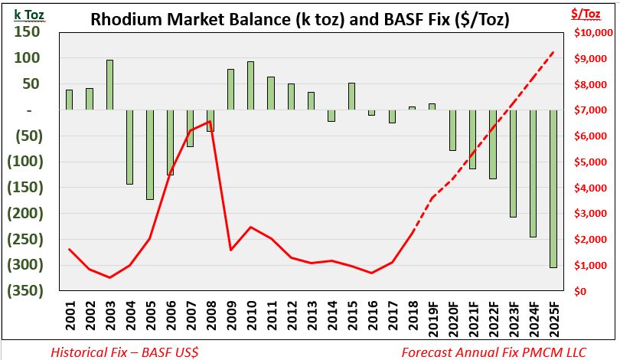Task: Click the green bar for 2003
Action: (109, 85)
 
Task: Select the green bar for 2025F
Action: (553, 188)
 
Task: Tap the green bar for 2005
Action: (150, 155)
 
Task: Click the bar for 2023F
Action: (513, 163)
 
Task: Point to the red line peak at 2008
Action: (210, 121)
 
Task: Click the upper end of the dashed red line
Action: (553, 52)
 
